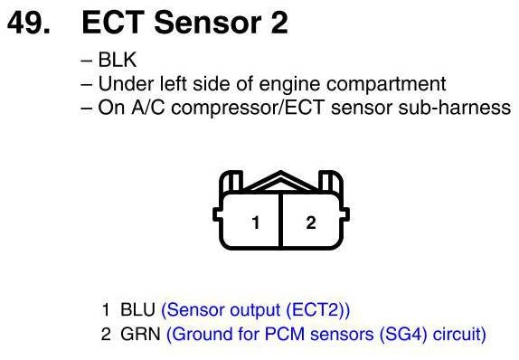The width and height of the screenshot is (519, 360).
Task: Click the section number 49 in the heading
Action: point(28,23)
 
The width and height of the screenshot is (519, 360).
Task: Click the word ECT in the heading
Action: point(113,23)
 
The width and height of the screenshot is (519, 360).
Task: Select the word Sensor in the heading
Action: point(208,23)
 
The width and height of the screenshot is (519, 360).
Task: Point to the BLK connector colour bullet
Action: point(118,60)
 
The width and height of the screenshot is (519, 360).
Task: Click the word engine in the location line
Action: point(289,84)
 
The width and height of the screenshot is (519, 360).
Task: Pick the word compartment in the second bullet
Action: point(386,84)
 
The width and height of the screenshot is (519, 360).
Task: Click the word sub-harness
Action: point(455,108)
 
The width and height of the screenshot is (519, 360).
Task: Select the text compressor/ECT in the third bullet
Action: point(247,108)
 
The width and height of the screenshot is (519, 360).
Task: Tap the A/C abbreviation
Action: point(147,108)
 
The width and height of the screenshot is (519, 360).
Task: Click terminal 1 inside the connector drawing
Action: point(255,223)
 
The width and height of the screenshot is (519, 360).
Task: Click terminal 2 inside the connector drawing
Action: point(311,223)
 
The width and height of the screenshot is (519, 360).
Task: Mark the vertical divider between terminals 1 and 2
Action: point(280,220)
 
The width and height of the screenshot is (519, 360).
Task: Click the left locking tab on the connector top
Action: point(231,181)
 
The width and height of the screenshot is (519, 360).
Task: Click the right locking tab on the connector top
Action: point(330,181)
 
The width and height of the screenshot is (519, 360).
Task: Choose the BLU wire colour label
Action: point(137,310)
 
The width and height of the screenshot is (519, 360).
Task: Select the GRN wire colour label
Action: point(140,334)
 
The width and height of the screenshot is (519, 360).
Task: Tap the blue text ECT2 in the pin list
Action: point(316,310)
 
